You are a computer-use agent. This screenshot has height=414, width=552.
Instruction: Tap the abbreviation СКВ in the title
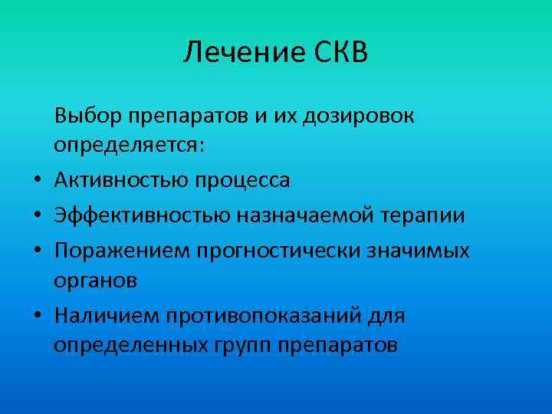[x=341, y=53]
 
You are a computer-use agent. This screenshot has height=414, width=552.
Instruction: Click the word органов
[x=96, y=280]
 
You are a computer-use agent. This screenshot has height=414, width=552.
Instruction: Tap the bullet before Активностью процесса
[x=36, y=182]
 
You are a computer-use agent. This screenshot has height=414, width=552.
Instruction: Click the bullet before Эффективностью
[x=36, y=216]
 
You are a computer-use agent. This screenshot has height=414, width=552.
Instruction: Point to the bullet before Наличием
[x=36, y=316]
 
